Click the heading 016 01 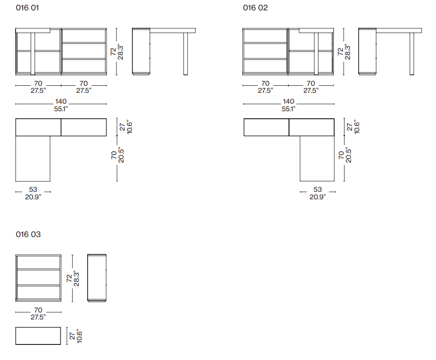click(27, 8)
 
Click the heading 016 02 click(255, 8)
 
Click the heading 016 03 click(28, 234)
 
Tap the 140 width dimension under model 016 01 click(61, 105)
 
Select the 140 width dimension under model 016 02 click(288, 105)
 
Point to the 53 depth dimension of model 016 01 click(33, 193)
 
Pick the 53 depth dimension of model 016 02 click(318, 193)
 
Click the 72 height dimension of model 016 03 click(73, 278)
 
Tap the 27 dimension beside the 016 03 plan click(75, 336)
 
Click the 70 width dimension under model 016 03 click(38, 313)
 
